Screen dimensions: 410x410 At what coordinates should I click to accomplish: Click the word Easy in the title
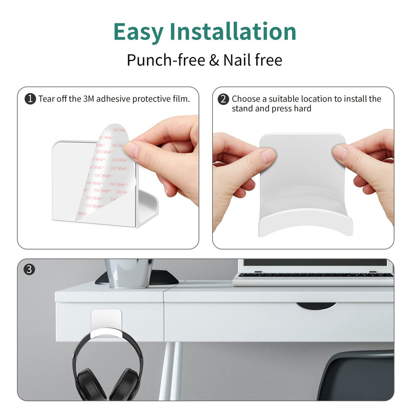pos(138,32)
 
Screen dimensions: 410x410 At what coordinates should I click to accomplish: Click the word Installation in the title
pos(233,31)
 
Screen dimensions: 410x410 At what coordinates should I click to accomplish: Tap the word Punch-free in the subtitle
pos(166,60)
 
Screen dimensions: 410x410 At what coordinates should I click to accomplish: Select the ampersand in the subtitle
pos(214,60)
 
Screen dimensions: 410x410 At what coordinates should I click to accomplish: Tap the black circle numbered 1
pos(30,99)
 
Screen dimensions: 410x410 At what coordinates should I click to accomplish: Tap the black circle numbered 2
pos(223,99)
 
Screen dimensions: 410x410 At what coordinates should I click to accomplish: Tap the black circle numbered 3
pos(29,270)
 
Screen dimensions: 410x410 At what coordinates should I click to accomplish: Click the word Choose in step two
pos(246,99)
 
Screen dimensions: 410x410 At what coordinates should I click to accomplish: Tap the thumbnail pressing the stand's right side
pos(339,152)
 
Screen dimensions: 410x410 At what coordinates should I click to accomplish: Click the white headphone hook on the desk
pos(106,324)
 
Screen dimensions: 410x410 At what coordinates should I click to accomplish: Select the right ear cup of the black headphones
pos(128,384)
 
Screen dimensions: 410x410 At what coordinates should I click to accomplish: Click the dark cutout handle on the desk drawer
pos(316,306)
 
